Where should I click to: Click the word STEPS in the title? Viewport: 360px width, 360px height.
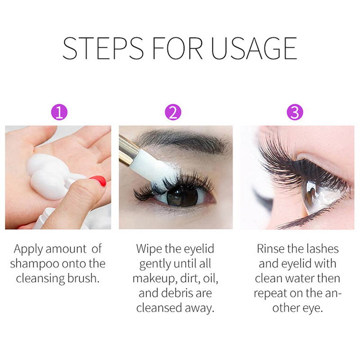pyautogui.click(x=103, y=48)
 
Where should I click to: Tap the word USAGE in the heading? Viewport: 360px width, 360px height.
pyautogui.click(x=254, y=48)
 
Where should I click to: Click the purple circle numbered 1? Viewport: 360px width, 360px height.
pyautogui.click(x=59, y=112)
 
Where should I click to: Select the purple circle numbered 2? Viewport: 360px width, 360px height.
pyautogui.click(x=173, y=112)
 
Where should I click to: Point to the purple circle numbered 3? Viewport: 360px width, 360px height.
pyautogui.click(x=295, y=112)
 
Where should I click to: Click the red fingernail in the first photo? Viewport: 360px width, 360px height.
pyautogui.click(x=99, y=181)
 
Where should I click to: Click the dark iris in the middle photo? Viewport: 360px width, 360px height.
pyautogui.click(x=182, y=197)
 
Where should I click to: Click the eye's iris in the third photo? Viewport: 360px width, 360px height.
pyautogui.click(x=312, y=193)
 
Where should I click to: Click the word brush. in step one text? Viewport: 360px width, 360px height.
pyautogui.click(x=83, y=278)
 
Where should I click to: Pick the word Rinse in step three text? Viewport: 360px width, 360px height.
pyautogui.click(x=270, y=249)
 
